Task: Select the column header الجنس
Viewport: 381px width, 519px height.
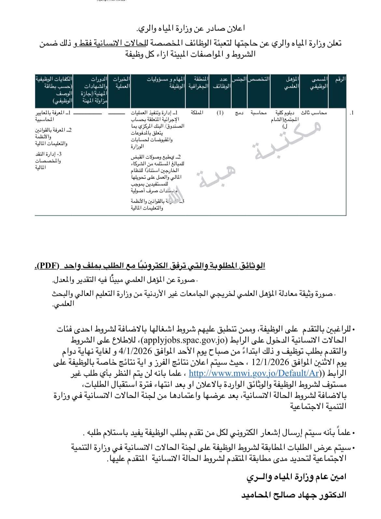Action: point(239,79)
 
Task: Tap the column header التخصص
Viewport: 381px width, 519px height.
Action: point(259,79)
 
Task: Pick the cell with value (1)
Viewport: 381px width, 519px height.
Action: point(220,113)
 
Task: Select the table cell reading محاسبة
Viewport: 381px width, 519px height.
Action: point(259,113)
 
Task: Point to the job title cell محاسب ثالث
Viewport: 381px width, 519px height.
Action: point(314,113)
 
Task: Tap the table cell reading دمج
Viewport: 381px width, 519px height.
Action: point(239,113)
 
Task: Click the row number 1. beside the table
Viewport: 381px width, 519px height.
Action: point(351,113)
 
